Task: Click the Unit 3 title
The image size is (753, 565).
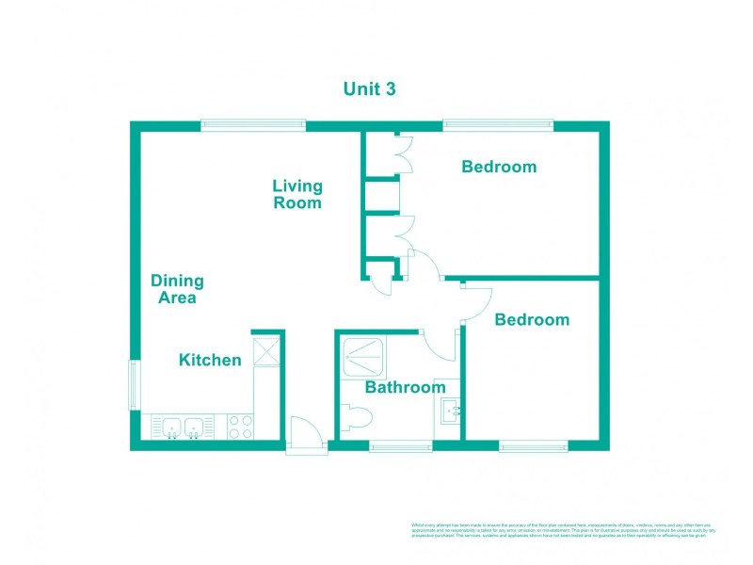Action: click(368, 89)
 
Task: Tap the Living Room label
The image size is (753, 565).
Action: click(297, 194)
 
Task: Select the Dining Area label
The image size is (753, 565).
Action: click(177, 289)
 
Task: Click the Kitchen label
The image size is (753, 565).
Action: click(210, 360)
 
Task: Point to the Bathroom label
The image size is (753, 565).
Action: click(405, 387)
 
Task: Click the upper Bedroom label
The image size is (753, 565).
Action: click(499, 167)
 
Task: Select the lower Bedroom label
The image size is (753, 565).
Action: click(532, 319)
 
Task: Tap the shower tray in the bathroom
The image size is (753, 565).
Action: click(363, 355)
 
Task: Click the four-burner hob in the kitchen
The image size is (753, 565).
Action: click(240, 427)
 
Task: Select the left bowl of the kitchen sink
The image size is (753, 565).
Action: click(171, 427)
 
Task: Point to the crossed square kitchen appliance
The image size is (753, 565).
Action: click(266, 351)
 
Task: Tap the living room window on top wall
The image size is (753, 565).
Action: click(253, 124)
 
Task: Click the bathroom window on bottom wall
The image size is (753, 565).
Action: click(401, 445)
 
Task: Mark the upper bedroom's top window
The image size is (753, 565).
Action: click(499, 124)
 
